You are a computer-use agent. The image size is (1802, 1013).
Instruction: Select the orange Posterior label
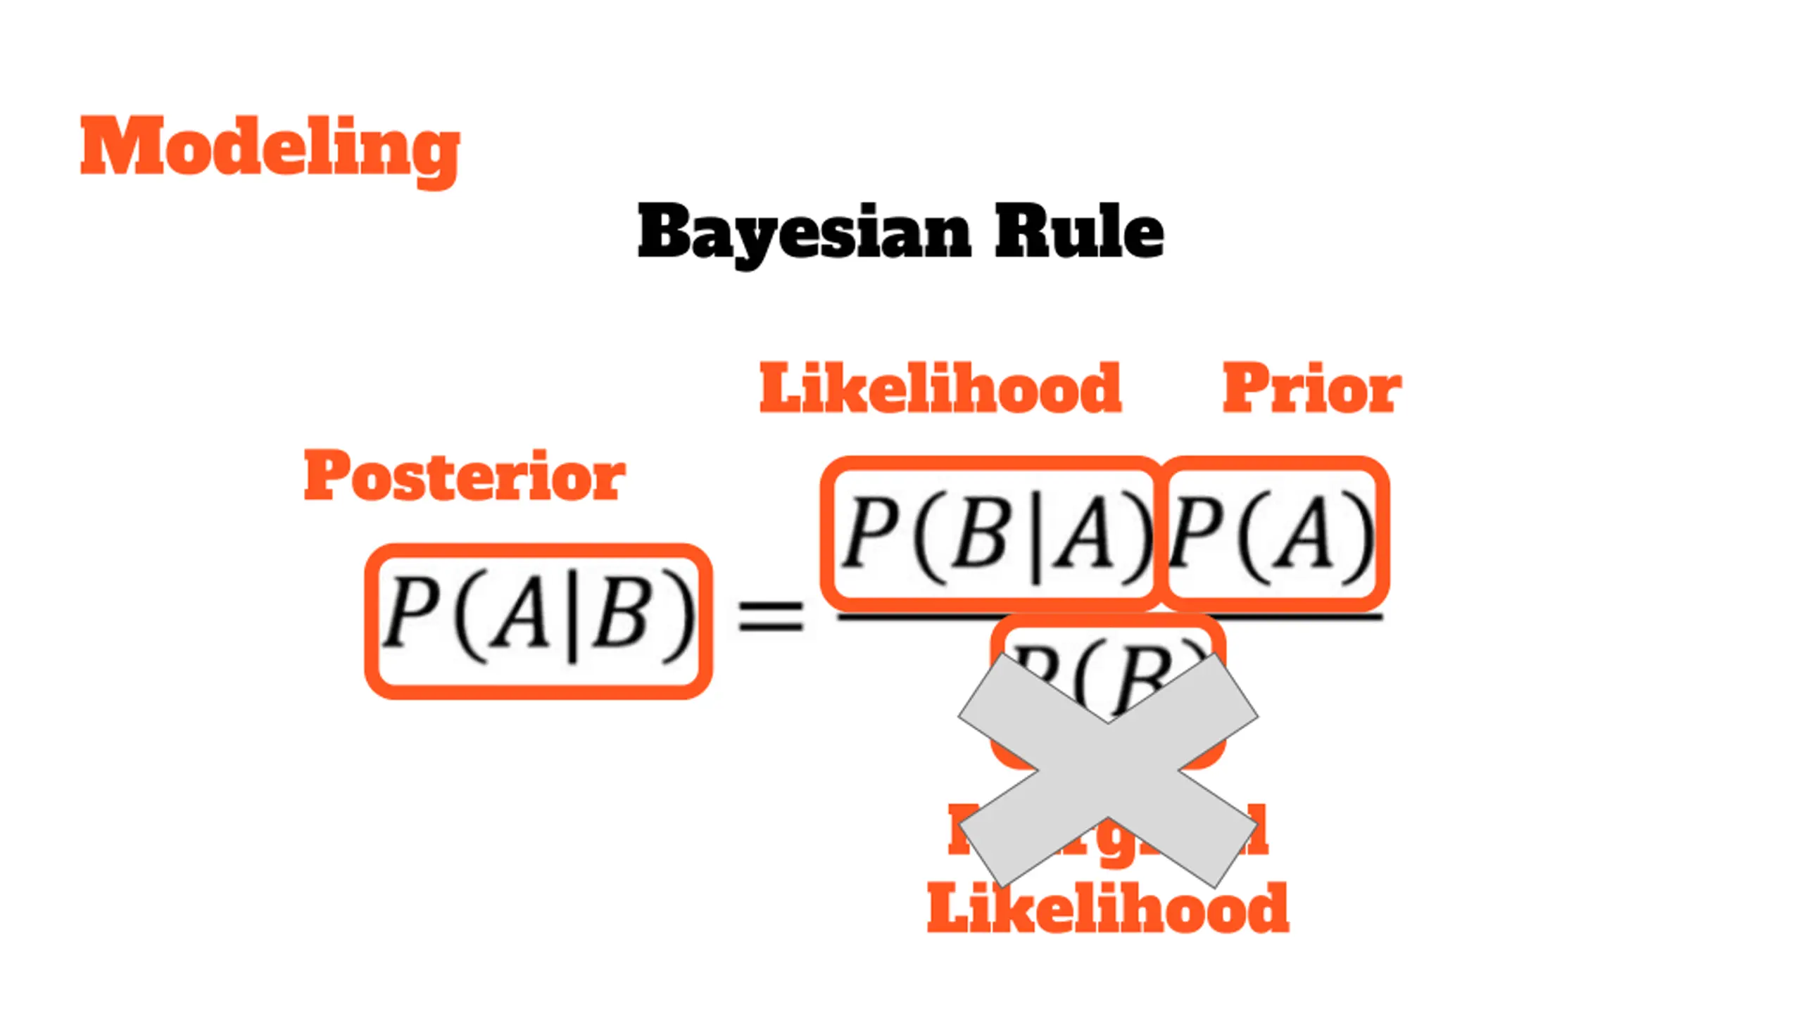[465, 476]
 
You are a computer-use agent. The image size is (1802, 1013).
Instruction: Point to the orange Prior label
[1311, 388]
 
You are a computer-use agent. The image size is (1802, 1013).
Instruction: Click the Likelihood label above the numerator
[940, 388]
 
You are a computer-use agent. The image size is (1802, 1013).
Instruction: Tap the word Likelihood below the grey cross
[1107, 909]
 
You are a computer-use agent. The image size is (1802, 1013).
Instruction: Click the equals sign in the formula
[770, 616]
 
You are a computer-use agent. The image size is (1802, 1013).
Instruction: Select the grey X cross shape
[1108, 770]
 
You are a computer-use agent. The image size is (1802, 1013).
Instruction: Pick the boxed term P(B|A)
[991, 533]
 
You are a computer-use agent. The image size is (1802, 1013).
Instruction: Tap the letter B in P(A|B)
[619, 613]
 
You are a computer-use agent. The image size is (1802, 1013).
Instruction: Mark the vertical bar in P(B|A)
[1035, 538]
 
